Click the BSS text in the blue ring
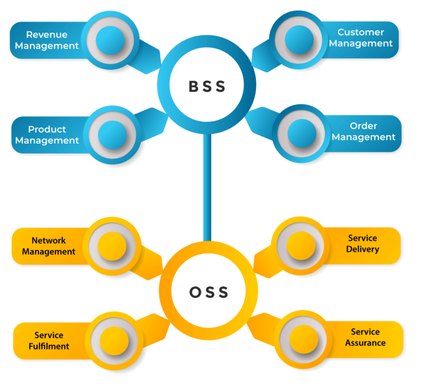pos(207,87)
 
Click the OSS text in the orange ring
pos(209,292)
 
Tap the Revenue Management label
pos(47,40)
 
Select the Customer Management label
pos(361,38)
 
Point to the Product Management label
pos(47,135)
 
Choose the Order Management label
pos(364,131)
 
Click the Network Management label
pos(48,246)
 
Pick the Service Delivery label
pos(362,243)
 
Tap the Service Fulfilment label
pos(49,340)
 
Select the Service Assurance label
pos(365,337)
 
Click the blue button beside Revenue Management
pos(110,40)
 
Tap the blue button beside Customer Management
pos(299,40)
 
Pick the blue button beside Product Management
pos(112,135)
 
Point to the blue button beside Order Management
pos(302,133)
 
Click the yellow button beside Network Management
pos(112,246)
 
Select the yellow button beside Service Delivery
pos(301,245)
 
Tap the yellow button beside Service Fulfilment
pos(114,341)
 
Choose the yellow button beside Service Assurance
pos(304,339)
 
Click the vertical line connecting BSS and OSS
pos(207,187)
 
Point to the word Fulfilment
pos(49,346)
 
